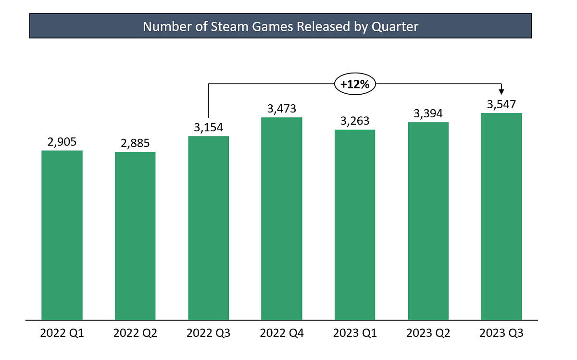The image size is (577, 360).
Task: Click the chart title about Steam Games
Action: coord(280,26)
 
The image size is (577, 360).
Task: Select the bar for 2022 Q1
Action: coord(62,235)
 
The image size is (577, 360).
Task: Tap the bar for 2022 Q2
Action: coord(135,236)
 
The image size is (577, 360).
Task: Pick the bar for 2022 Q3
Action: coord(209,228)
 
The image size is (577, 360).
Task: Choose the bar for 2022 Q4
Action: coord(282,219)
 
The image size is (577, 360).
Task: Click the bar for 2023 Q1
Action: coord(355,224)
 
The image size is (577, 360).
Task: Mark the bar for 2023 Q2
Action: coord(428,221)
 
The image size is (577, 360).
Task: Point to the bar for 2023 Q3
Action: coord(502,216)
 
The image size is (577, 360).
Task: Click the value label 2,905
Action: coord(62,142)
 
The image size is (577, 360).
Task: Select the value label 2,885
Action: coord(135,143)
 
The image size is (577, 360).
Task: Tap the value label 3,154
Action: coord(209,127)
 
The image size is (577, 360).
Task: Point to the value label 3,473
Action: coord(282,109)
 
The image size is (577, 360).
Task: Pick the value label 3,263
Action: coord(355,121)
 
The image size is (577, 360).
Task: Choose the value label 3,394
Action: coord(428,113)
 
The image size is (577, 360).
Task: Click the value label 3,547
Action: coord(502,104)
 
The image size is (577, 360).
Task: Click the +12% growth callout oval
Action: coord(355,84)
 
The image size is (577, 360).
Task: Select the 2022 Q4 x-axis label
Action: coord(282,333)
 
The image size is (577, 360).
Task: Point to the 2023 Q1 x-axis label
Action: coord(355,333)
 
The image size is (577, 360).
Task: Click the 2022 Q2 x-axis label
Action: coord(135,333)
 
